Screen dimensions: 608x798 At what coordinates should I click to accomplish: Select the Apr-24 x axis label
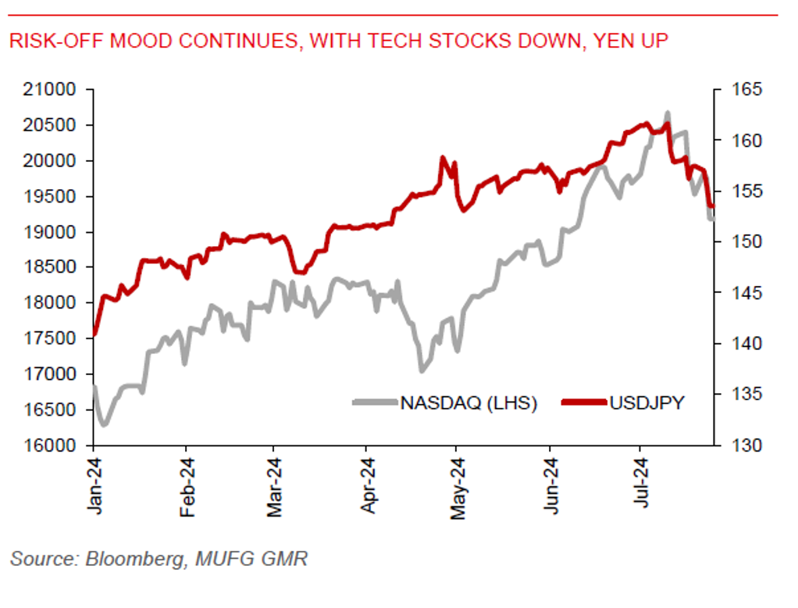(x=367, y=488)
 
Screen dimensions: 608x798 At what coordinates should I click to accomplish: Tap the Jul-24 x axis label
(x=643, y=488)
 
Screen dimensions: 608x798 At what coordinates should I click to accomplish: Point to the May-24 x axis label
(x=458, y=488)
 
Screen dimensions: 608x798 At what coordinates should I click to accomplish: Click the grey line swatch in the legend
(x=376, y=403)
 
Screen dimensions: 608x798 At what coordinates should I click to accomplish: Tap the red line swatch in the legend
(x=583, y=403)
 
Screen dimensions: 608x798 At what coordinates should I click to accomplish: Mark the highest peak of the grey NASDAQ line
(x=668, y=114)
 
